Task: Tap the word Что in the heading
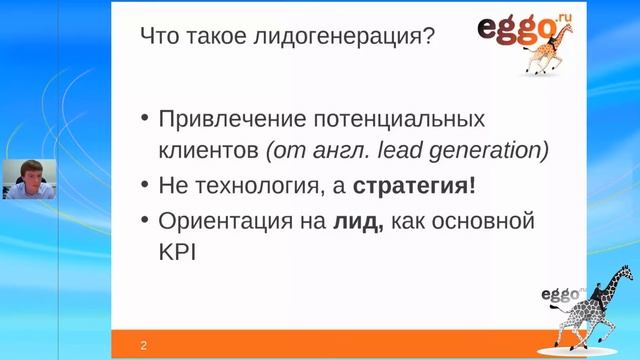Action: [160, 39]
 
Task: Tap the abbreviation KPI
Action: [178, 253]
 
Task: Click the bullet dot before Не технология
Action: [144, 187]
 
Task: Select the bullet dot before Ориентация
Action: [144, 221]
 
